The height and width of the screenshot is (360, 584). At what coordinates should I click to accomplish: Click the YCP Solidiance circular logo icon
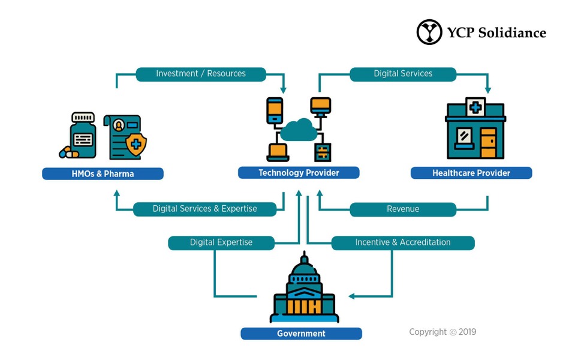pyautogui.click(x=429, y=32)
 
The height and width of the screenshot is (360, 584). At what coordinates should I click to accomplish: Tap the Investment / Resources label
pyautogui.click(x=201, y=74)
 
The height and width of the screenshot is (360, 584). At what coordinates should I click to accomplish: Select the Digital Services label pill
pyautogui.click(x=403, y=74)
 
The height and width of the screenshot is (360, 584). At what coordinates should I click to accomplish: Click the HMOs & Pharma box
pyautogui.click(x=103, y=174)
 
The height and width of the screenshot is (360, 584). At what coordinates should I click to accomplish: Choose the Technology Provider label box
pyautogui.click(x=299, y=173)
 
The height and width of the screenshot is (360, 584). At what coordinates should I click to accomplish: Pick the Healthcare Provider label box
pyautogui.click(x=471, y=173)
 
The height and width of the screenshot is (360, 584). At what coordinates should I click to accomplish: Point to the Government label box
pyautogui.click(x=301, y=334)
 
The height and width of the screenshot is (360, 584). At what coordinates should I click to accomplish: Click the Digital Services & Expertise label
pyautogui.click(x=204, y=209)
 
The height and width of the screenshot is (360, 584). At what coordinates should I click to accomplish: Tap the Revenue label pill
pyautogui.click(x=403, y=209)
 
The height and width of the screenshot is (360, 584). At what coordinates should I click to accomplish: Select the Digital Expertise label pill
pyautogui.click(x=221, y=242)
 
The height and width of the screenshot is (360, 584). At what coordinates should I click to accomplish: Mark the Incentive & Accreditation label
pyautogui.click(x=403, y=242)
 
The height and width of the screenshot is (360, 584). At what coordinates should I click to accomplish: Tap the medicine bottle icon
pyautogui.click(x=83, y=135)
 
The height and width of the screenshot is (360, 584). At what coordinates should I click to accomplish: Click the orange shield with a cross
pyautogui.click(x=137, y=145)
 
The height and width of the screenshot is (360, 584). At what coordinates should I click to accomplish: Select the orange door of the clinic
pyautogui.click(x=488, y=143)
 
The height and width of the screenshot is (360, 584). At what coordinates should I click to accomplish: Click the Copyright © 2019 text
pyautogui.click(x=442, y=332)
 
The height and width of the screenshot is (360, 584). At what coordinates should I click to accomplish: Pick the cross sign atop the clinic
pyautogui.click(x=475, y=107)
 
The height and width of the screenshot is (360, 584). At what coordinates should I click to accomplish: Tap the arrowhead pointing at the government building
pyautogui.click(x=351, y=296)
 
